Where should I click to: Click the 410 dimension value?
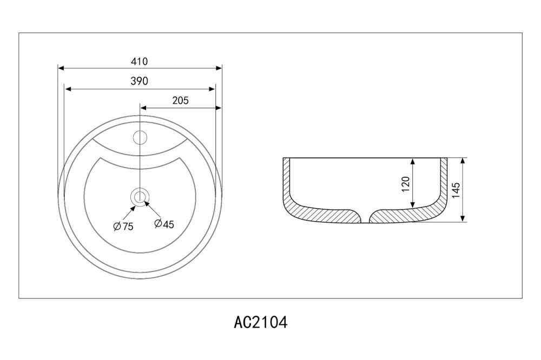140,62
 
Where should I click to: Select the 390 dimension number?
140,81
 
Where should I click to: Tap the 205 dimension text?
181,101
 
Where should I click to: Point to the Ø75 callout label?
123,226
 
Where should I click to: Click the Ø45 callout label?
164,224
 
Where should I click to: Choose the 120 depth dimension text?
406,184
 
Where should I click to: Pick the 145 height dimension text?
456,190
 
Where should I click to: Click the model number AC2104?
261,323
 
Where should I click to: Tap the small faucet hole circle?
140,138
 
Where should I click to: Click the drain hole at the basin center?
140,197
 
